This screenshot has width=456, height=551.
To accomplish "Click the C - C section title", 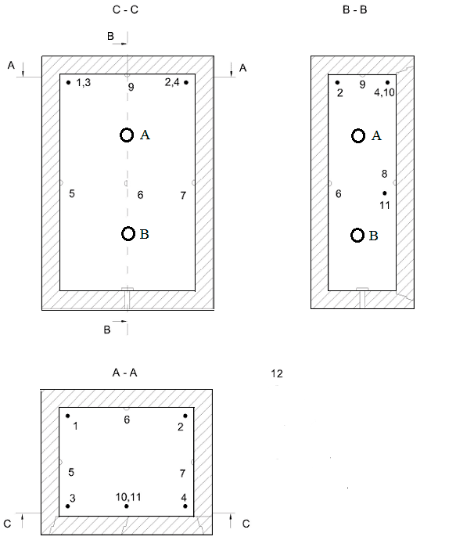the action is click(x=125, y=10).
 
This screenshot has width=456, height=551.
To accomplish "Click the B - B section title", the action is click(x=355, y=10).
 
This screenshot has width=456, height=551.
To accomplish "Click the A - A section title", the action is click(x=124, y=373).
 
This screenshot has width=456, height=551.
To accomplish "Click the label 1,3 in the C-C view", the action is click(x=83, y=83).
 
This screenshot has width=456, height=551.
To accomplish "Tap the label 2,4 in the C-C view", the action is click(x=172, y=82).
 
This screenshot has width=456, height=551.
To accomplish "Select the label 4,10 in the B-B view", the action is click(x=384, y=92).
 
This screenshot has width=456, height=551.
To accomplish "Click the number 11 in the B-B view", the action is click(x=385, y=205).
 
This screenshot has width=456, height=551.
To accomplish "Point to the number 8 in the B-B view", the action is click(x=384, y=174).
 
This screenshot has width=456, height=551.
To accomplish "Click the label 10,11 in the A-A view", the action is click(x=128, y=497).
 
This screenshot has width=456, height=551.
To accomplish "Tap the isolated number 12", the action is click(x=277, y=373).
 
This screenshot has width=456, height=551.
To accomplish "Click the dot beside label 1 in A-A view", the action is click(x=68, y=416).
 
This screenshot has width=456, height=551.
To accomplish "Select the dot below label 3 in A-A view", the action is click(x=68, y=506).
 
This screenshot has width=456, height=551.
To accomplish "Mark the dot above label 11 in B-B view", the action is click(x=385, y=193).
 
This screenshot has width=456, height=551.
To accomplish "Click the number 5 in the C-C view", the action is click(x=72, y=193).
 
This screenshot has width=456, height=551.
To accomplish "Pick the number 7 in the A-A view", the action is click(x=182, y=474).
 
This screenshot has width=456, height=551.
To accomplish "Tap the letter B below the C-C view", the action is click(x=107, y=330).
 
